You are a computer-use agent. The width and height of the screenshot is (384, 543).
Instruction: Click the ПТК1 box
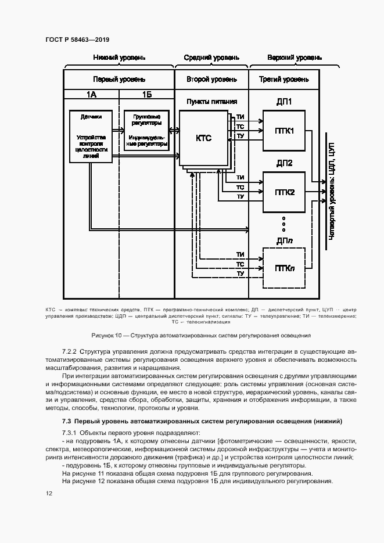pyautogui.click(x=285, y=131)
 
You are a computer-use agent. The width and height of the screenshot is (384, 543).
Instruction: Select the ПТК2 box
pyautogui.click(x=285, y=192)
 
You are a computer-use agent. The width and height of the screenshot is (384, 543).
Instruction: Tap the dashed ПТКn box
pyautogui.click(x=284, y=268)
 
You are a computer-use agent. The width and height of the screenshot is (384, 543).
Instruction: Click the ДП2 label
pyautogui.click(x=285, y=163)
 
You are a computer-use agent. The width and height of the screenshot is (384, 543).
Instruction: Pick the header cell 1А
pyautogui.click(x=91, y=94)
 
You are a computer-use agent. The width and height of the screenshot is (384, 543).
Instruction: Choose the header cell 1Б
pyautogui.click(x=146, y=94)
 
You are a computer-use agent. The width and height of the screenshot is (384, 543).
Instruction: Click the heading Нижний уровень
pyautogui.click(x=119, y=58)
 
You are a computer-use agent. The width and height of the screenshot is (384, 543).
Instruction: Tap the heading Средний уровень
pyautogui.click(x=211, y=58)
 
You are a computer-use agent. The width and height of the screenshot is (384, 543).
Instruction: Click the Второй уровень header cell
pyautogui.click(x=211, y=79)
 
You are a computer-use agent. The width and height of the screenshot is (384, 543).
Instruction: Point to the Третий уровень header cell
pyautogui.click(x=284, y=79)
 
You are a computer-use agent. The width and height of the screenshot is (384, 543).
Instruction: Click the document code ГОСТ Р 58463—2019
pyautogui.click(x=77, y=40)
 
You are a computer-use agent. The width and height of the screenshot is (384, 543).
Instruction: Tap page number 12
pyautogui.click(x=48, y=494)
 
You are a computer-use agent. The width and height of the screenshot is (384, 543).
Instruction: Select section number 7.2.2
pyautogui.click(x=70, y=352)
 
